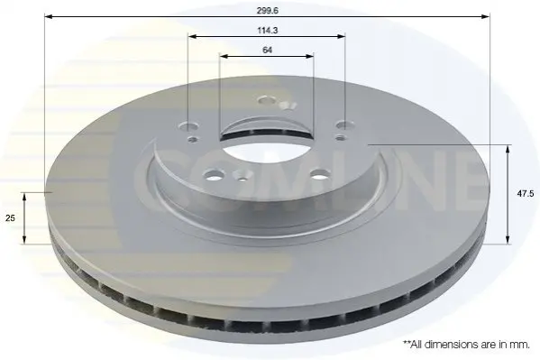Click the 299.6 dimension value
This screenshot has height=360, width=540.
pyautogui.click(x=267, y=11)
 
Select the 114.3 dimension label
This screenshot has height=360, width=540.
pyautogui.click(x=267, y=31)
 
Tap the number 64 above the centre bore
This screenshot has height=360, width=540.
pyautogui.click(x=267, y=50)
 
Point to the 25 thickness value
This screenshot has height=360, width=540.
pyautogui.click(x=10, y=218)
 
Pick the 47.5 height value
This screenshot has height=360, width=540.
pyautogui.click(x=526, y=194)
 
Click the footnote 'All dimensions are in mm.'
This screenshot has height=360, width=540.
pyautogui.click(x=466, y=344)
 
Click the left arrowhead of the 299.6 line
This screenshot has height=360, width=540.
pyautogui.click(x=48, y=16)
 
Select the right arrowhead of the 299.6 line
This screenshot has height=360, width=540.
pyautogui.click(x=485, y=16)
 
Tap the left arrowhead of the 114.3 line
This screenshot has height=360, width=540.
pyautogui.click(x=192, y=36)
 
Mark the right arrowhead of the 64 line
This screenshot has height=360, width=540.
pyautogui.click(x=310, y=56)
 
